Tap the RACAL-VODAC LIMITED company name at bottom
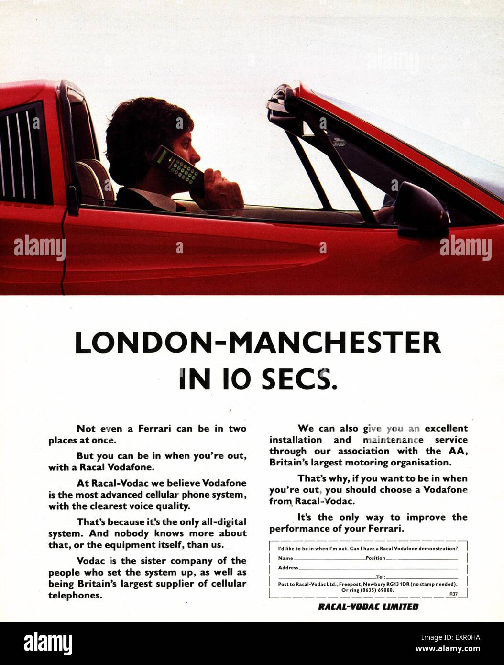(368, 607)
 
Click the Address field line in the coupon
(378, 568)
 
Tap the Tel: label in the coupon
(381, 577)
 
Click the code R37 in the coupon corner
(453, 594)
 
